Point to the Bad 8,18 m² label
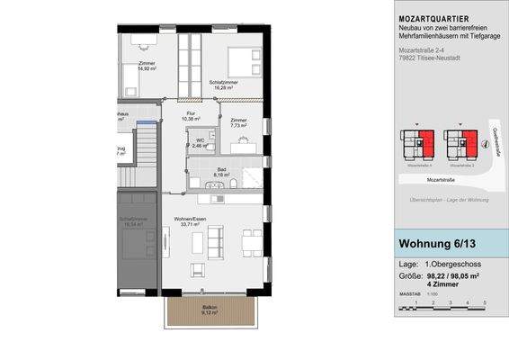pyautogui.click(x=221, y=173)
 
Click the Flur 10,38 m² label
pyautogui.click(x=191, y=115)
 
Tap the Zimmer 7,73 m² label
pyautogui.click(x=238, y=123)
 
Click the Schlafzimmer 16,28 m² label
pyautogui.click(x=221, y=85)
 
